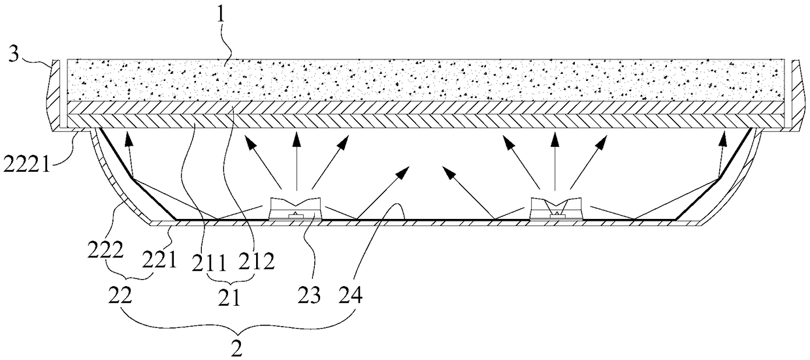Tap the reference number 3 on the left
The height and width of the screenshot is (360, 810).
13,56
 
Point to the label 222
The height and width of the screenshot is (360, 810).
105,251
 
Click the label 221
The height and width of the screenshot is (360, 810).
159,260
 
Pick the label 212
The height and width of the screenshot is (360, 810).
256,261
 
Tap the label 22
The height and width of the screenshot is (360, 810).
120,297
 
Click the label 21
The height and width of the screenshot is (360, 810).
229,299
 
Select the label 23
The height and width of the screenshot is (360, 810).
310,295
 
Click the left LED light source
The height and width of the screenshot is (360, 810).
296,208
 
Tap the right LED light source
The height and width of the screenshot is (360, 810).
556,208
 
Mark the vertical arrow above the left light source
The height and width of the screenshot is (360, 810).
297,161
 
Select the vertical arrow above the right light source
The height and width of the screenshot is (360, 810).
555,161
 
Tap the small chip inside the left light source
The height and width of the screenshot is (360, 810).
295,216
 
